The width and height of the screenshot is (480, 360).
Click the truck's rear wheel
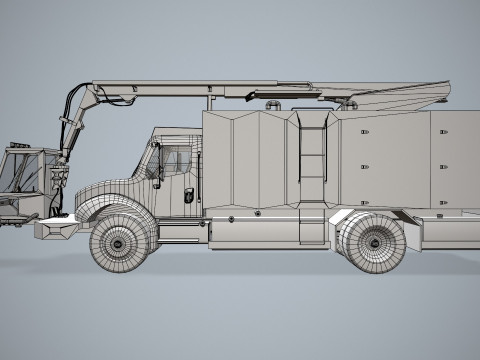(373, 241)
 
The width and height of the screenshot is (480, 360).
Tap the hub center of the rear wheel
(374, 241)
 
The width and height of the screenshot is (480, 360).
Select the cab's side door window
(176, 161)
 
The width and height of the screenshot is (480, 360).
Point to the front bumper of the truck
(56, 230)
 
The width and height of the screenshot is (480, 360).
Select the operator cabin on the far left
(27, 172)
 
